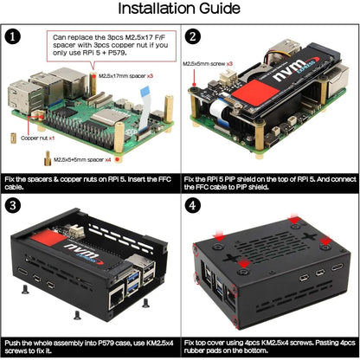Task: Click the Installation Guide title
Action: point(179,10)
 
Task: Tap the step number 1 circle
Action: point(13,37)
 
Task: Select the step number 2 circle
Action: point(193,37)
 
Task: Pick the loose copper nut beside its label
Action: point(13,138)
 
